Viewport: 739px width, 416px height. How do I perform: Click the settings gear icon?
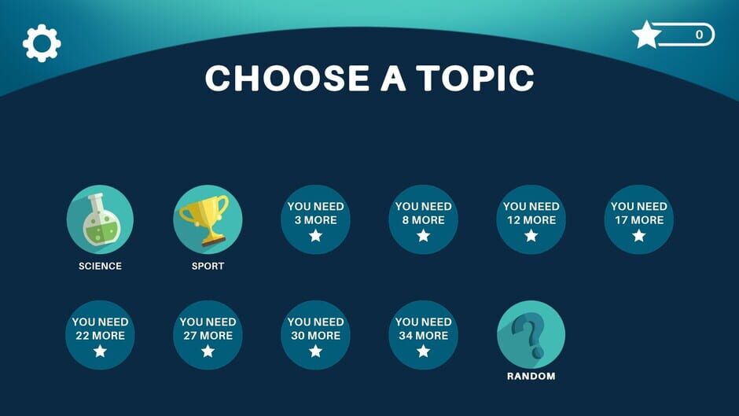pos(42,43)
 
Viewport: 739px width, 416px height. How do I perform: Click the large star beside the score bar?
pos(646,35)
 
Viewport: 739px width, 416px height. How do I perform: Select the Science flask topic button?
pos(100,219)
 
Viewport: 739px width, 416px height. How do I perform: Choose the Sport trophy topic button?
pos(208,219)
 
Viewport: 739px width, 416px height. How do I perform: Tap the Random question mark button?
pos(531,335)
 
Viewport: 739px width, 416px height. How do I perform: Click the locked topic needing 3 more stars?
pos(316,219)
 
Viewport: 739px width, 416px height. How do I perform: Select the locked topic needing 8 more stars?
pos(423,219)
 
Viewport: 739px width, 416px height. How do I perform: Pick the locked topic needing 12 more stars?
pos(531,219)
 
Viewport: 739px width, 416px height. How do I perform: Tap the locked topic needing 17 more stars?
pos(639,219)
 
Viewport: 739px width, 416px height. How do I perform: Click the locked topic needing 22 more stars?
pos(100,335)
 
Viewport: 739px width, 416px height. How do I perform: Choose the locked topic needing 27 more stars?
pos(208,335)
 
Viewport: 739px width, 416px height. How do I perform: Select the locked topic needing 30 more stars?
pos(316,335)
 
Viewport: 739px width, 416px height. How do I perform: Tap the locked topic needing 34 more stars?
pos(423,335)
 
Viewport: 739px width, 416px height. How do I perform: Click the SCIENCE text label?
pos(100,266)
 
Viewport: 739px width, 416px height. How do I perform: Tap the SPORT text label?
pos(208,266)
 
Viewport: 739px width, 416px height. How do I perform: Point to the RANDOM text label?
pos(531,376)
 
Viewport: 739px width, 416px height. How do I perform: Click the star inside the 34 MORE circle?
pos(423,351)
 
